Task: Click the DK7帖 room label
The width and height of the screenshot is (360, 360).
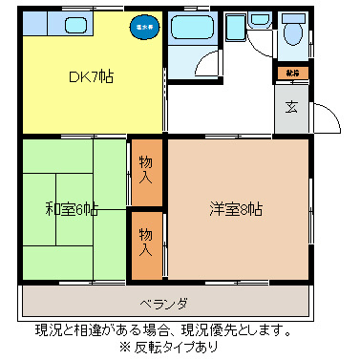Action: (92, 76)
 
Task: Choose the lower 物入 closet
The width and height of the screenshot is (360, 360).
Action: (146, 241)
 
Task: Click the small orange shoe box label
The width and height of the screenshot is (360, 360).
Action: (291, 73)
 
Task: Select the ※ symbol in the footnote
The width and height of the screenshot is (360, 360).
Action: (123, 348)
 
